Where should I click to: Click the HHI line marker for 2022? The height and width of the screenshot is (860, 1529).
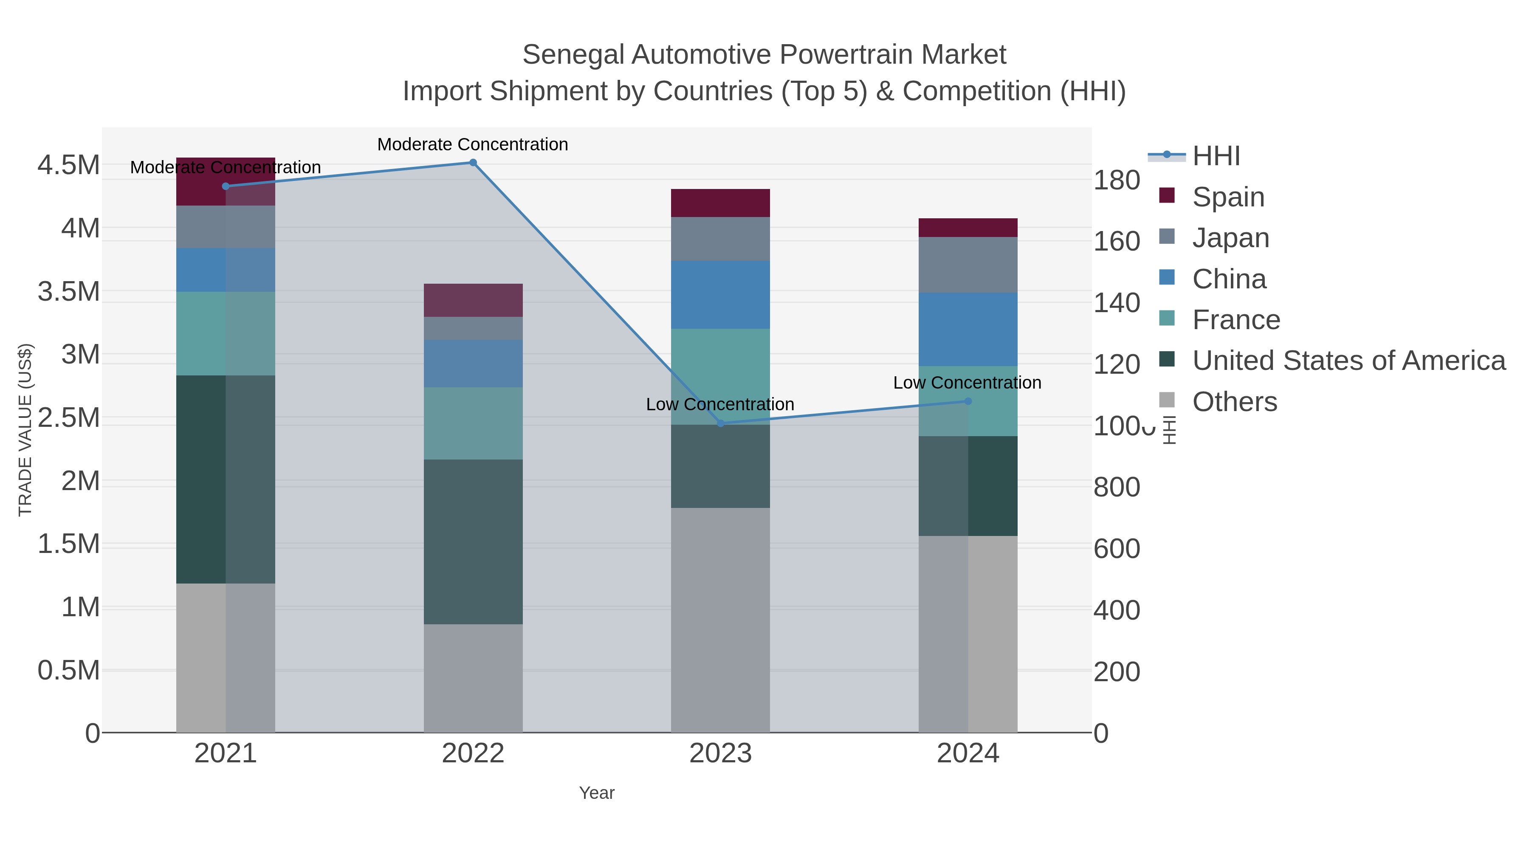(473, 163)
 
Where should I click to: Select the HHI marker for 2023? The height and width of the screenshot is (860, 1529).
(721, 423)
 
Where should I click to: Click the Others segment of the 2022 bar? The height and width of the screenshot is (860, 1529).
(473, 678)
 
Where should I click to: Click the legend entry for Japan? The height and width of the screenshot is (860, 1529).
(1230, 238)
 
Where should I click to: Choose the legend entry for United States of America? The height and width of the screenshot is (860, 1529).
(1348, 361)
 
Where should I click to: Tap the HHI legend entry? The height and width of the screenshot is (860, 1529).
(1216, 156)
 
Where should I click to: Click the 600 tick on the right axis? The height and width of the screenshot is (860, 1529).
(1117, 549)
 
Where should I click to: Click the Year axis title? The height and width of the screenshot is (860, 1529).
(597, 793)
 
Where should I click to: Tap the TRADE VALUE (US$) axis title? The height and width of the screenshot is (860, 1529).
(25, 430)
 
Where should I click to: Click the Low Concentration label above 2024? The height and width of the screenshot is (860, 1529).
(967, 383)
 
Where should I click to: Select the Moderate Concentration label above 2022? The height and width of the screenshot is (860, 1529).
(472, 144)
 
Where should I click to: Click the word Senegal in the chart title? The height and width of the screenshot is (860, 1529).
(573, 55)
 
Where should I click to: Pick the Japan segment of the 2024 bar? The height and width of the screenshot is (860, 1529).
(968, 265)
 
